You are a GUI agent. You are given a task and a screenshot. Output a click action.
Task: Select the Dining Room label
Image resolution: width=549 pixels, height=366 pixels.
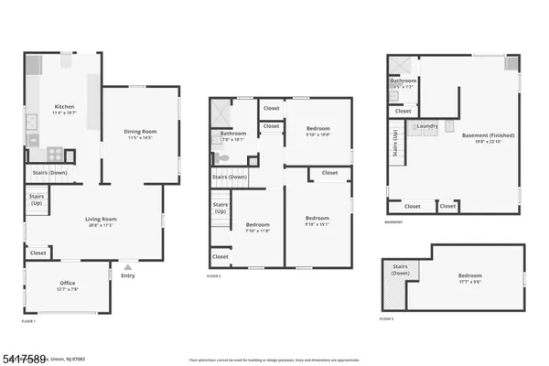coord(139,132)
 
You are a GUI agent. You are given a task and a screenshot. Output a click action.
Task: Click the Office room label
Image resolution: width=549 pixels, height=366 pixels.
coord(67,284)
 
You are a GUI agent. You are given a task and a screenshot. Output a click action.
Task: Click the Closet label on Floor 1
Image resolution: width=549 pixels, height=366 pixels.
coord(38,253)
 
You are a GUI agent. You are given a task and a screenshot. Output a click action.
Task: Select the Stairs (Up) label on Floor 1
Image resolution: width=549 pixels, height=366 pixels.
coord(37,199)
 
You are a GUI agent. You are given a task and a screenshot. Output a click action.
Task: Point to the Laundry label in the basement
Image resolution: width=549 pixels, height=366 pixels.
coord(426,125)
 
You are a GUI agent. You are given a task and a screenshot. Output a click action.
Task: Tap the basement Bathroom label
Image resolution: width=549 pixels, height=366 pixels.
coord(404,81)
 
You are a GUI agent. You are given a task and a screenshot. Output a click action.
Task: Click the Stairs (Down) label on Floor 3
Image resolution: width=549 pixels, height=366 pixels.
coord(399,271)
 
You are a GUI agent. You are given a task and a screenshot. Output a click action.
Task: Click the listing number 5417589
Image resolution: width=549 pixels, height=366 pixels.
coord(27,350)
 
